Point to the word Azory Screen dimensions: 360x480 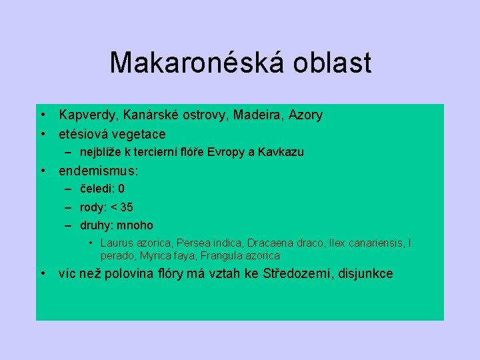(304, 115)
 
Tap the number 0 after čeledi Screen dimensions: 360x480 (121, 189)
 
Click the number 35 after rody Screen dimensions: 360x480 (126, 207)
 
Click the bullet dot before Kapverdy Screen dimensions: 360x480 (42, 115)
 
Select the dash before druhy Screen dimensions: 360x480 (68, 225)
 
